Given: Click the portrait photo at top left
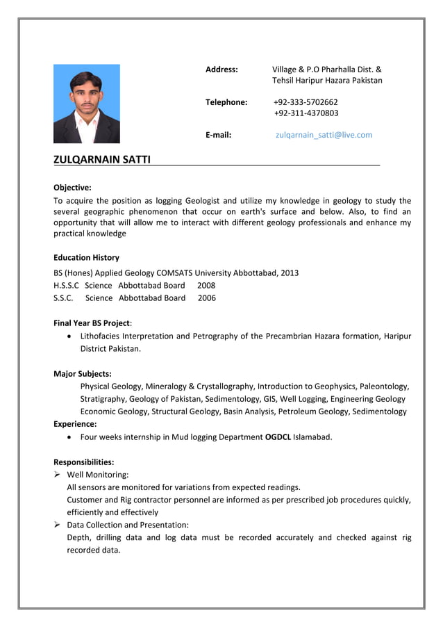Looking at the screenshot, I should [86, 104].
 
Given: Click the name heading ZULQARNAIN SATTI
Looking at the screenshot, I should [101, 161].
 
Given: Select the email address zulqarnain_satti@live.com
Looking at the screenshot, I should [324, 135].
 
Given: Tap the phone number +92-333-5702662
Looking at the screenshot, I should [306, 102].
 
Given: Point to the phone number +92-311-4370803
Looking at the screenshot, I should [306, 113].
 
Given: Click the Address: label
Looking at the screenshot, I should [221, 70].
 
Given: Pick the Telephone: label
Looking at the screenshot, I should [226, 102].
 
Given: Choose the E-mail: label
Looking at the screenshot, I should [218, 135].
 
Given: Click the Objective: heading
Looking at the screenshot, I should [72, 187].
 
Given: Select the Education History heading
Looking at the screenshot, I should [86, 257].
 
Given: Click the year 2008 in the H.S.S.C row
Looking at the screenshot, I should [206, 285].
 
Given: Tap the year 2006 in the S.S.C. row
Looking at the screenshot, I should [206, 298].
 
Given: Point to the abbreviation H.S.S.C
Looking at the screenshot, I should [66, 285].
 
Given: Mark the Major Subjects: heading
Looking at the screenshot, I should [82, 373].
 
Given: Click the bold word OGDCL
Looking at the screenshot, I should [278, 437].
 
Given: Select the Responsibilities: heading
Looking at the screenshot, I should [83, 462].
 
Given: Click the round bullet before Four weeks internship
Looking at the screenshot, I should [71, 437].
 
